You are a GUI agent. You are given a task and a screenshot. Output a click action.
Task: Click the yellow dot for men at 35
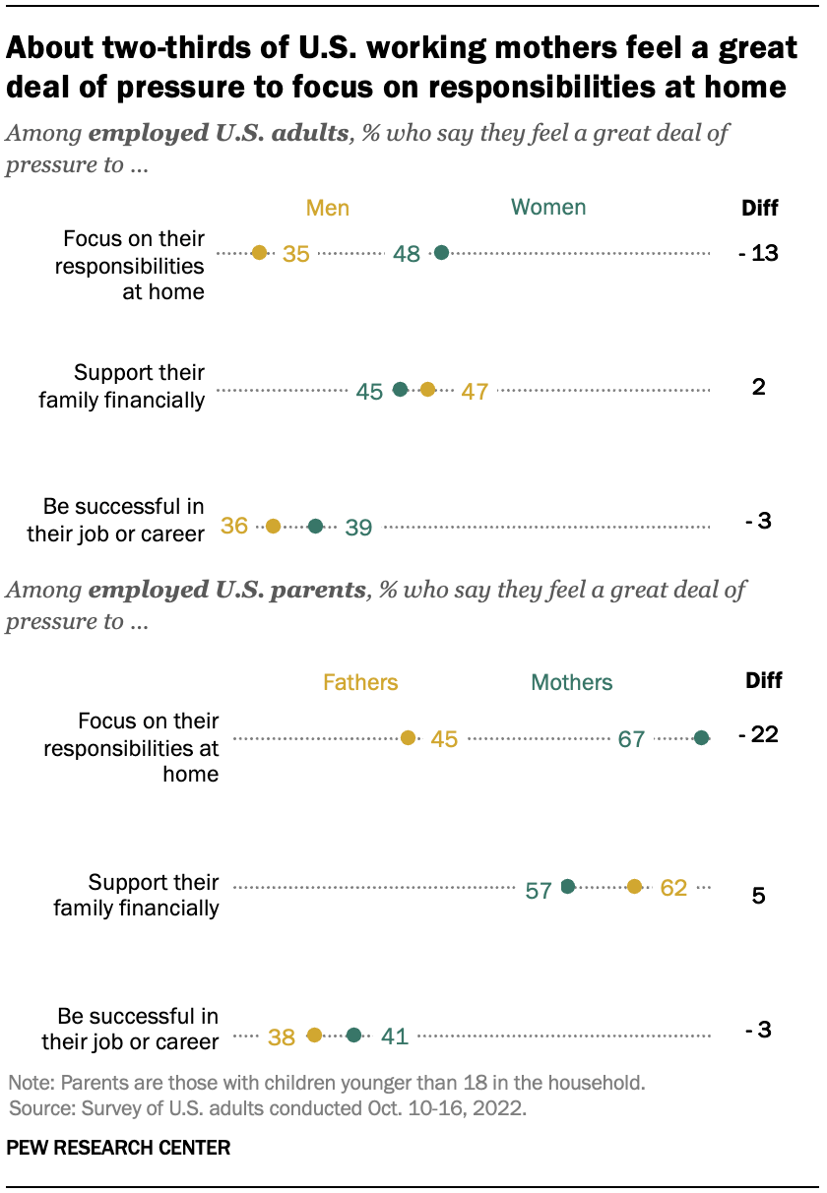[259, 253]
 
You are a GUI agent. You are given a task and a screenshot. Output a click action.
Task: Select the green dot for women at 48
[441, 253]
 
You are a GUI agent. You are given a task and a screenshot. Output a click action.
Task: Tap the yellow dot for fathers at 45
[409, 737]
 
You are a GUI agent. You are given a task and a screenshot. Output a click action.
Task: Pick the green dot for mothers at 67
[701, 737]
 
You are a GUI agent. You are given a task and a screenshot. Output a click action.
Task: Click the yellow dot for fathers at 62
[635, 887]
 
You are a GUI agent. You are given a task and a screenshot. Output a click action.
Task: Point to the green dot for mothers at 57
[567, 887]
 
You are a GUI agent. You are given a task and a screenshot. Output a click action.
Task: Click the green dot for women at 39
[315, 527]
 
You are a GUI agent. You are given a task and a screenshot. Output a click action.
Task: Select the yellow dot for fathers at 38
[314, 1035]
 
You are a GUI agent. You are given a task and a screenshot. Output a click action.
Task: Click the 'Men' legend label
[328, 208]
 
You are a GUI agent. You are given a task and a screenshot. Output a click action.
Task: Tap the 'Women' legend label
[548, 207]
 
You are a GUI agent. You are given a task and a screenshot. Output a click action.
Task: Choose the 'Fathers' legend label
[360, 682]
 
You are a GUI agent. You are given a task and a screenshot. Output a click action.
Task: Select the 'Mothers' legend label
[571, 682]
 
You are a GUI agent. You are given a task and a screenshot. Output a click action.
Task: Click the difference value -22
[758, 735]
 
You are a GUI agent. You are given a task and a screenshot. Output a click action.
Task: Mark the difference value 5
[759, 897]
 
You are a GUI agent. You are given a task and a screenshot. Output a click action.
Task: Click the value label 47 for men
[476, 391]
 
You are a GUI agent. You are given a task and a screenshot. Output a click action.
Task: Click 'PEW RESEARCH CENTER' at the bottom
[119, 1148]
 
